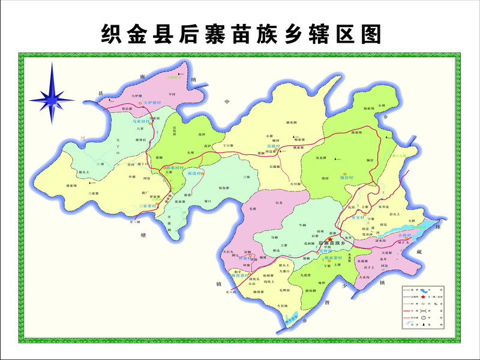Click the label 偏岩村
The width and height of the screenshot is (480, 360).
coord(347,178)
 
